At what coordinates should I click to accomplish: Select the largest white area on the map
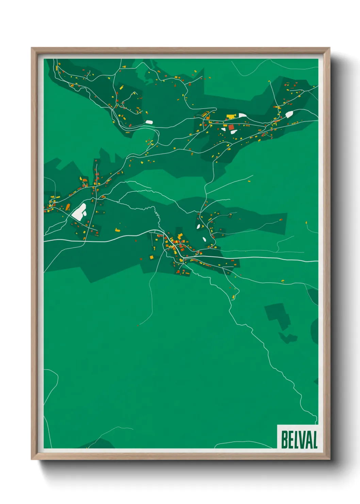coord(79,211)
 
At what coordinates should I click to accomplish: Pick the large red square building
coord(231,127)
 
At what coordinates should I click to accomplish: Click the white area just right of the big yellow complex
coord(243,115)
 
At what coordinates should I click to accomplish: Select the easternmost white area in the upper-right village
coord(289,114)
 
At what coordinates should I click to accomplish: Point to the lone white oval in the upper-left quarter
coord(149,122)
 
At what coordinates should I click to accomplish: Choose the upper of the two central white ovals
coord(198,226)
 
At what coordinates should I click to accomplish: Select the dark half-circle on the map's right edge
coord(315,330)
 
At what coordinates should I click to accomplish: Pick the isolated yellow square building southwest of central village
coord(152,257)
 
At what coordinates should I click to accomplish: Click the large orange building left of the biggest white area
coord(68,207)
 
